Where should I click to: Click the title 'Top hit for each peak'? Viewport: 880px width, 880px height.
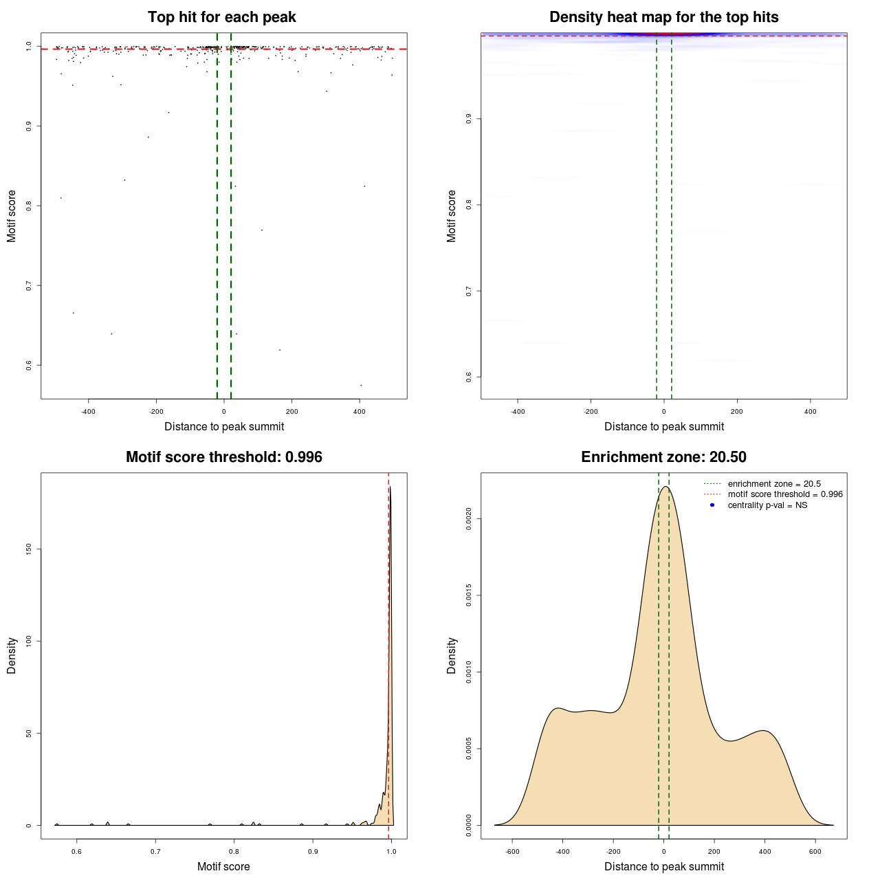pyautogui.click(x=221, y=17)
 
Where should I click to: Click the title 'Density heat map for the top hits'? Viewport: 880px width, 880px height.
pyautogui.click(x=663, y=17)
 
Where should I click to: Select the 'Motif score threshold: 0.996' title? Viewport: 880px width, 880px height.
pyautogui.click(x=223, y=457)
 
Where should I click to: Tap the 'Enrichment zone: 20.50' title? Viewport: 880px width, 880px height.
pyautogui.click(x=663, y=457)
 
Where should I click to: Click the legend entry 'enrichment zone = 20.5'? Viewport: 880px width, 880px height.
pyautogui.click(x=774, y=484)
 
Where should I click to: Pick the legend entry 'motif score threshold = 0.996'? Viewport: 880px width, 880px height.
pyautogui.click(x=785, y=494)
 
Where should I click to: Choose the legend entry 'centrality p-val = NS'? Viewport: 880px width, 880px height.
pyautogui.click(x=767, y=505)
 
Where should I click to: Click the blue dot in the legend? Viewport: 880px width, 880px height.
pyautogui.click(x=712, y=505)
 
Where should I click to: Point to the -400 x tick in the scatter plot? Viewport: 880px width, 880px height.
pyautogui.click(x=88, y=412)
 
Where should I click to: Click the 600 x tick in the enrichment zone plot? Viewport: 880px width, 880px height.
pyautogui.click(x=815, y=852)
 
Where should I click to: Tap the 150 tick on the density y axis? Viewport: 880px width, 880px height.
pyautogui.click(x=29, y=549)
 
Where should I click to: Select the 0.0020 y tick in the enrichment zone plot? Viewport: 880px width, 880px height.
pyautogui.click(x=469, y=519)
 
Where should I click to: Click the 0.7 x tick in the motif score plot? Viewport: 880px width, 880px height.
pyautogui.click(x=155, y=852)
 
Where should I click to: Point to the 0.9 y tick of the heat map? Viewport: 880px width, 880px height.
pyautogui.click(x=469, y=119)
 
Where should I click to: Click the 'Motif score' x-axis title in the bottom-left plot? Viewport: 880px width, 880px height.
pyautogui.click(x=223, y=866)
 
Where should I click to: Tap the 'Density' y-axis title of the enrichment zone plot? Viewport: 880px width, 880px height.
pyautogui.click(x=452, y=655)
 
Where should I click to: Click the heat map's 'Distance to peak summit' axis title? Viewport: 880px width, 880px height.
pyautogui.click(x=663, y=426)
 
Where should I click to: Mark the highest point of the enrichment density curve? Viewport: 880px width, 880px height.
pyautogui.click(x=665, y=487)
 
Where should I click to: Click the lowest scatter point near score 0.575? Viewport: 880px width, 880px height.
pyautogui.click(x=361, y=385)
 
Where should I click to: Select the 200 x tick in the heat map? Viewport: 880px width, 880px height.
pyautogui.click(x=737, y=412)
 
